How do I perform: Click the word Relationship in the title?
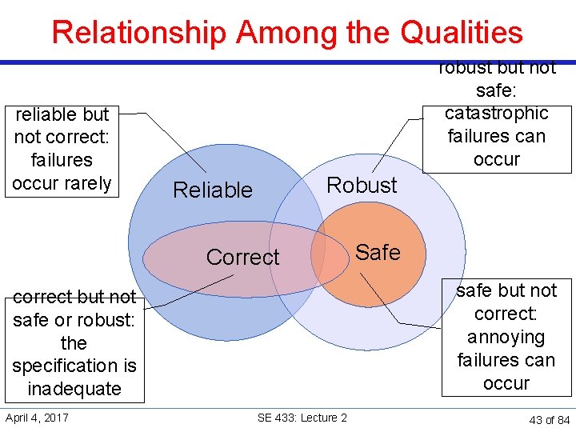pos(139,32)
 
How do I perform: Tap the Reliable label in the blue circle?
pos(213,190)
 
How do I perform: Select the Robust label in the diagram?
pos(362,185)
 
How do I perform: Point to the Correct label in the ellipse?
pos(242,257)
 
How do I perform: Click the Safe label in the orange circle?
pos(378,252)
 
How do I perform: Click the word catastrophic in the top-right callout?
pos(497,113)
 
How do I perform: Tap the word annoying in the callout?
pos(506,337)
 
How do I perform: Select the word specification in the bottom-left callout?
pos(74,366)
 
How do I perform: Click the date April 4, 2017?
pos(37,417)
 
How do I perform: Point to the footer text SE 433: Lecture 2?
pos(302,418)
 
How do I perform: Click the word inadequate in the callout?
pos(74,389)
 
